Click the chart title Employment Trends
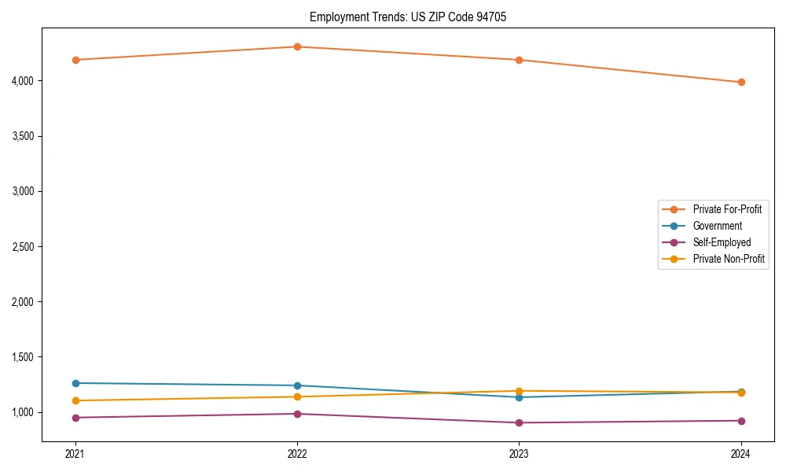(402, 17)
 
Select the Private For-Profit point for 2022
(297, 46)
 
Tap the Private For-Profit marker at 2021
(75, 60)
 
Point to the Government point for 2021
(75, 383)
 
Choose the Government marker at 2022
(297, 385)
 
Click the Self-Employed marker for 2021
(75, 418)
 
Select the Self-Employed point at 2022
(297, 414)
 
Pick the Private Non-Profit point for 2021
(75, 400)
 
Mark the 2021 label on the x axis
(75, 453)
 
